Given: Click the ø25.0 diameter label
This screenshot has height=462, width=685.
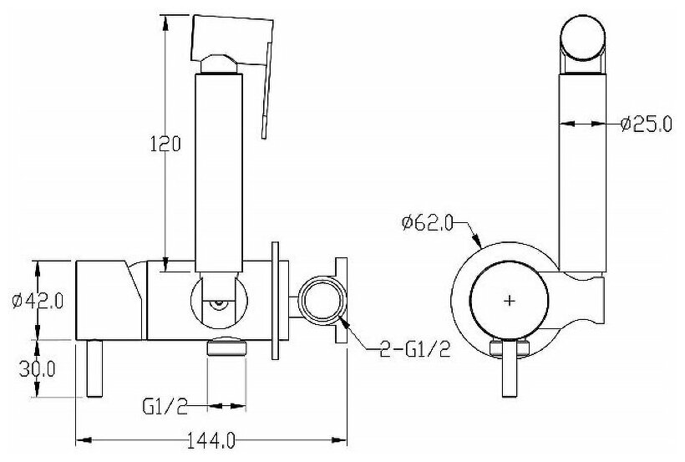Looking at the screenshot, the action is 646,125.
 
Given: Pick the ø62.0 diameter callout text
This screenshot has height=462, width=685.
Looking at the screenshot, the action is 428,222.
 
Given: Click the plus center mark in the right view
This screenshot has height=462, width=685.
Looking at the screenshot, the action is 510,298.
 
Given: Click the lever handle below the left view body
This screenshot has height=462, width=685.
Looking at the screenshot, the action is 94,370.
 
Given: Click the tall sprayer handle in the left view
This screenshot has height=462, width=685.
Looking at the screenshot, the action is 219,167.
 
